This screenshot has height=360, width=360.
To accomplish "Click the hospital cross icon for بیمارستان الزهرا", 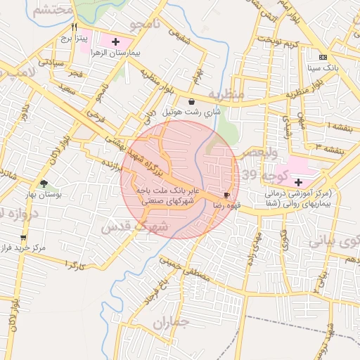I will pyautogui.click(x=116, y=42).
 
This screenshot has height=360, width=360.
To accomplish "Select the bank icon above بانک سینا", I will pyautogui.click(x=323, y=57).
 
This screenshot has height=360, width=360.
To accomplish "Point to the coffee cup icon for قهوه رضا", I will pyautogui.click(x=226, y=195).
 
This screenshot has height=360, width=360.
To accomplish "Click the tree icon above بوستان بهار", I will pyautogui.click(x=44, y=183).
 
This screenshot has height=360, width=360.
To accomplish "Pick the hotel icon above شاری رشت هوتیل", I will pyautogui.click(x=192, y=102).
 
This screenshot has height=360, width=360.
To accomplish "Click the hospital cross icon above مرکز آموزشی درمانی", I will pyautogui.click(x=297, y=182).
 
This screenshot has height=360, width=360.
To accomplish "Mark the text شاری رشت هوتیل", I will pyautogui.click(x=191, y=112).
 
